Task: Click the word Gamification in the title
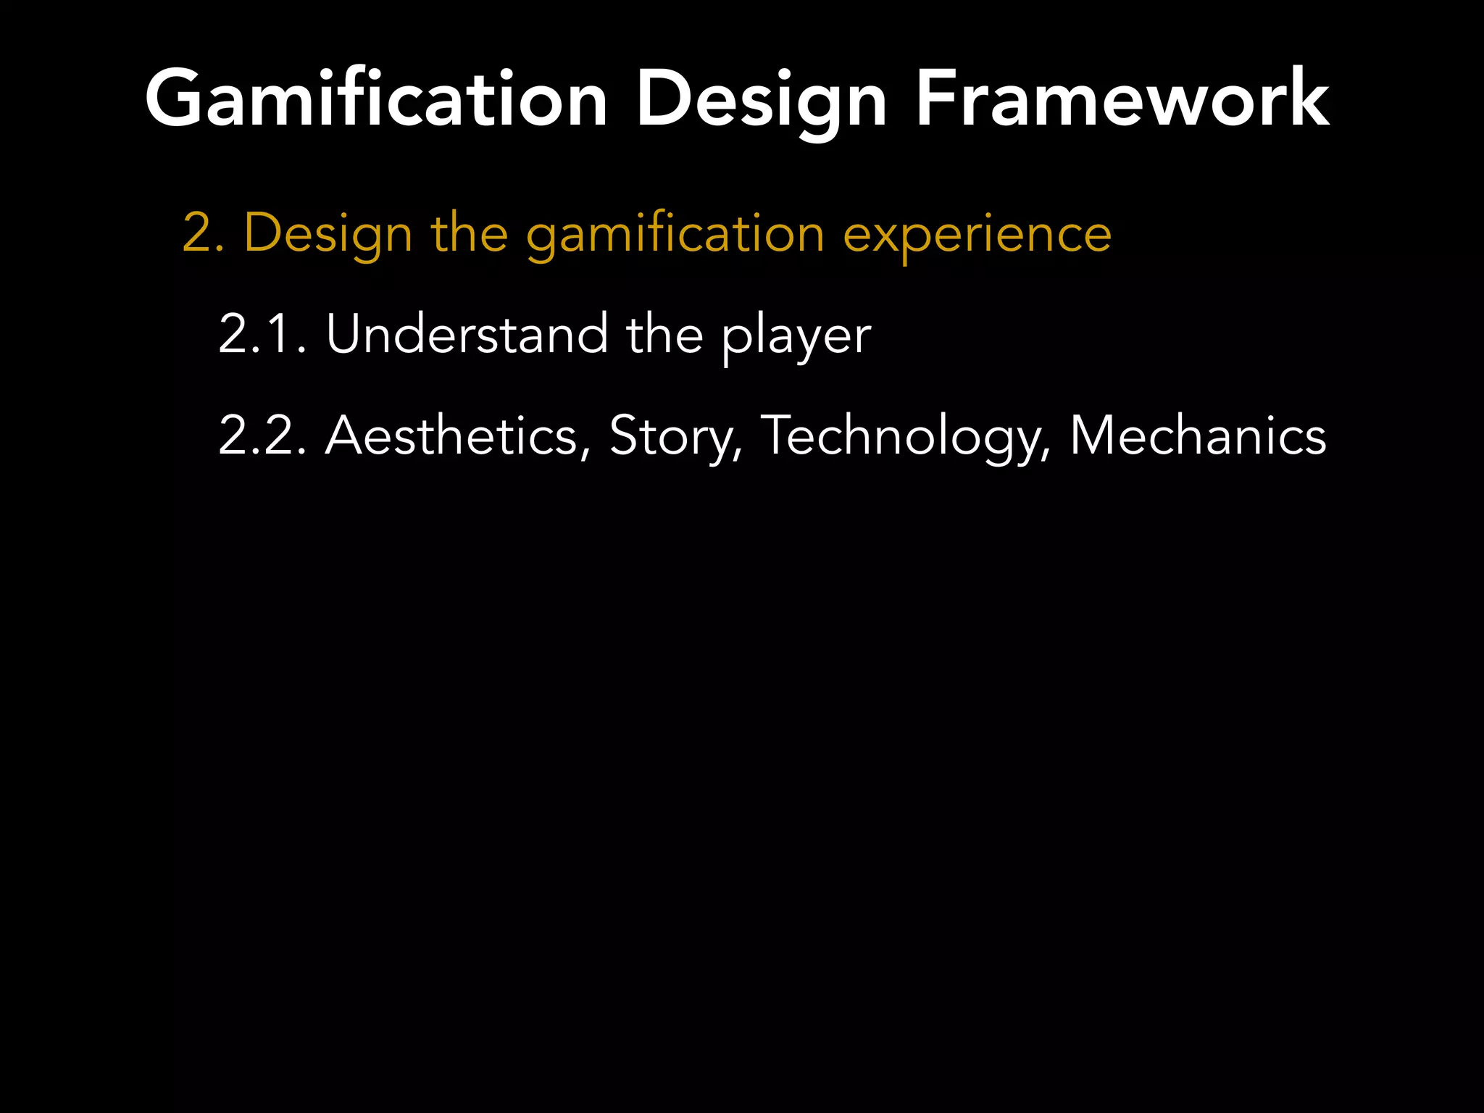point(376,99)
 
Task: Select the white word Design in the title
point(761,100)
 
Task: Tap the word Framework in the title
point(1122,99)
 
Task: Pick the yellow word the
point(470,233)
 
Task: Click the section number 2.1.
point(262,335)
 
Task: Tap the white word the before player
point(664,335)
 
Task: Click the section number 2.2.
point(262,436)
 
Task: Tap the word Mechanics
point(1198,436)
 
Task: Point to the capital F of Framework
point(935,99)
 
